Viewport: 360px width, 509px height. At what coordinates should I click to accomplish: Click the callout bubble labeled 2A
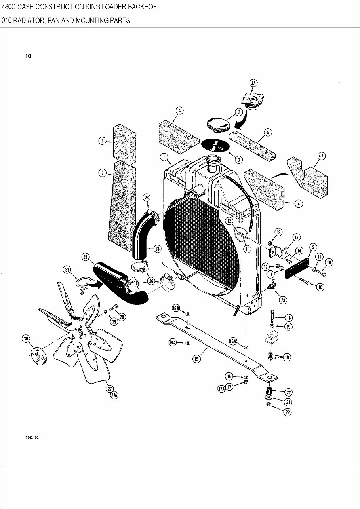[253, 83]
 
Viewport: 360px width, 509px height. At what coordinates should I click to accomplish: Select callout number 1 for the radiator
[163, 157]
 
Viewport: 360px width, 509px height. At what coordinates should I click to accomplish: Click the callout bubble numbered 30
[26, 339]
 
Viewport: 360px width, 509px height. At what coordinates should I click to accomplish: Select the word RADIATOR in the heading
[29, 21]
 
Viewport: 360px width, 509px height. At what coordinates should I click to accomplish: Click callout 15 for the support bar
[196, 359]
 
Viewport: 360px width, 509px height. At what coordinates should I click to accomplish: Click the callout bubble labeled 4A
[321, 156]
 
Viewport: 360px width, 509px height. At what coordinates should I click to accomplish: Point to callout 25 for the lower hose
[85, 257]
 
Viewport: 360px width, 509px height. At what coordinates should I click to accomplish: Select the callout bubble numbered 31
[67, 270]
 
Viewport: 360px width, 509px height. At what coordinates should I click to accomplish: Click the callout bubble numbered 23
[283, 300]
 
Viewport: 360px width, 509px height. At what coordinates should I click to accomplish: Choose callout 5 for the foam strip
[268, 132]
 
